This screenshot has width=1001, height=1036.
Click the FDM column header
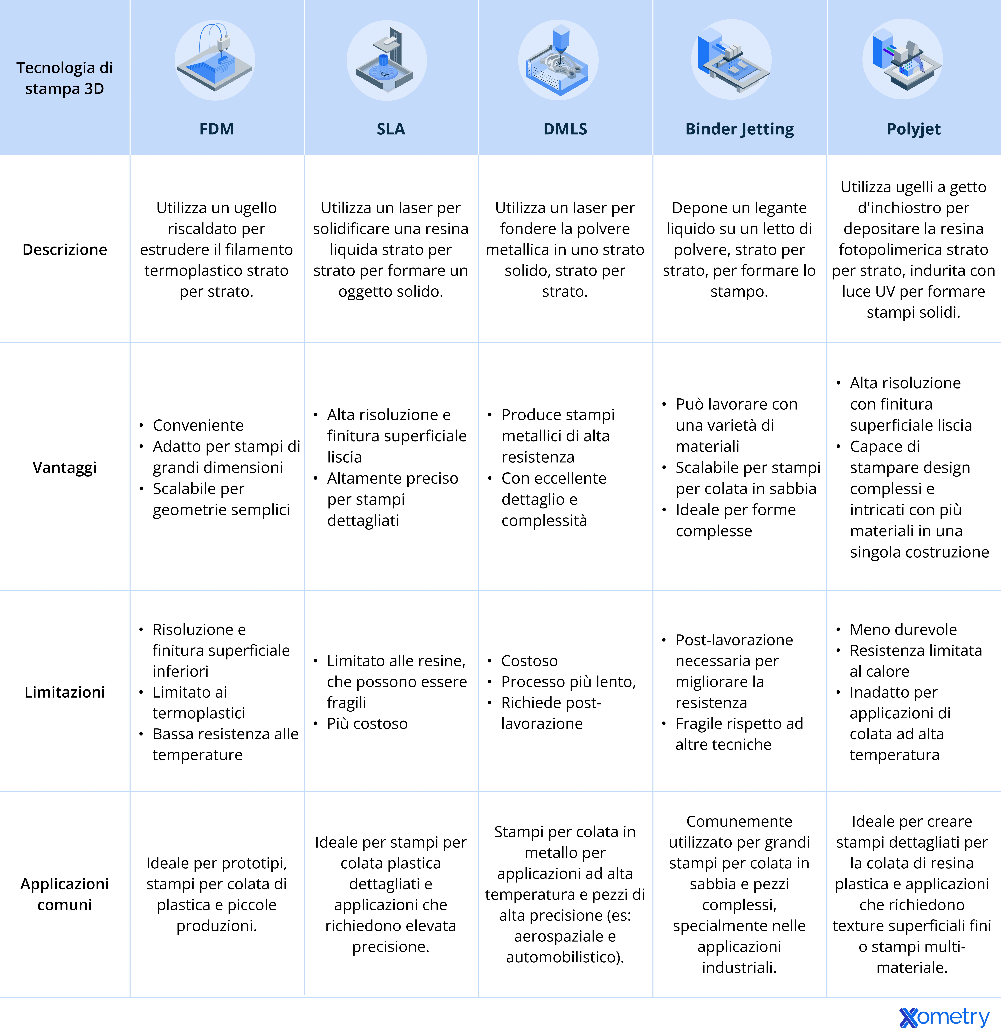[216, 129]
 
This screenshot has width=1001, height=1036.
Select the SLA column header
[391, 129]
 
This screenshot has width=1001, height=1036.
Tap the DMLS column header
[565, 129]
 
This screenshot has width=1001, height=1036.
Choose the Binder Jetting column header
[739, 129]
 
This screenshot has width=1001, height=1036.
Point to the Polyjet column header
[913, 129]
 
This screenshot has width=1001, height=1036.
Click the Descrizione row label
[64, 249]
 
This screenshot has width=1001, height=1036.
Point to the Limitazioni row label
[64, 692]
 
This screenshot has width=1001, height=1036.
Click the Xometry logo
[944, 1016]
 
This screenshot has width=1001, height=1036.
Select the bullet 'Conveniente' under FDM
[198, 425]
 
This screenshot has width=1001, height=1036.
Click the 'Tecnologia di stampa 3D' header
[64, 78]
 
